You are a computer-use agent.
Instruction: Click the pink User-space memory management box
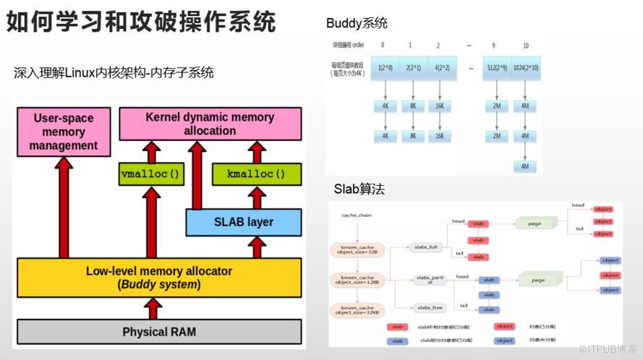pos(64,132)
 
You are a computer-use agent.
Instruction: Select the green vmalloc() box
pos(150,173)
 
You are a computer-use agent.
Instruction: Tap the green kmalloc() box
pos(255,173)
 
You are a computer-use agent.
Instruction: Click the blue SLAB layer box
pos(243,221)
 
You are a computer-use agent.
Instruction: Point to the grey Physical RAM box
pos(159,332)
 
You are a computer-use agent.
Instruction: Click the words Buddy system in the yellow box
pos(160,285)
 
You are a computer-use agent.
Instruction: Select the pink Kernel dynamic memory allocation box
pos(210,124)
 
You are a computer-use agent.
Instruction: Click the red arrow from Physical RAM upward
pos(153,309)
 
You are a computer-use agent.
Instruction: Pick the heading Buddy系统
pos(357,23)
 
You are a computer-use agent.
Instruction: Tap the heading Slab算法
pos(359,189)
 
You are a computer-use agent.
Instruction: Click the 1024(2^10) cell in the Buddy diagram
pos(525,67)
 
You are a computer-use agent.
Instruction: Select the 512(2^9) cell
pos(495,67)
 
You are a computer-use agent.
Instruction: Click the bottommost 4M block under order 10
pos(525,166)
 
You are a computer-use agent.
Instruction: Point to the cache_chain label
pos(356,215)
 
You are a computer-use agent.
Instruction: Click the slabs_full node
pos(426,248)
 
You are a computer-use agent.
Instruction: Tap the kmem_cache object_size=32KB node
pos(356,311)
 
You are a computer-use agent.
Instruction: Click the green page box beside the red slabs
pos(535,223)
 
